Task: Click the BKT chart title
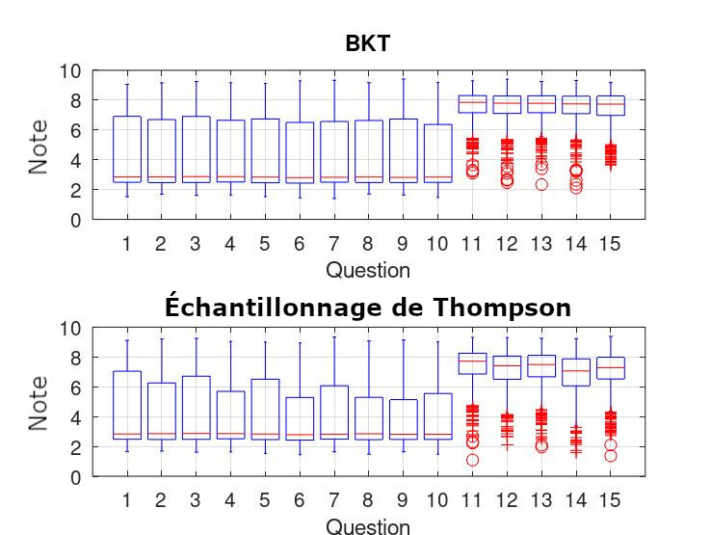[367, 43]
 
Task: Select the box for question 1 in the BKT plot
[127, 149]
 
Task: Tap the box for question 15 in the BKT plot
[611, 105]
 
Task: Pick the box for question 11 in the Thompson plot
[472, 363]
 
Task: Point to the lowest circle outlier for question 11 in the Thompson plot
[472, 460]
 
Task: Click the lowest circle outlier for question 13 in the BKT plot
[541, 184]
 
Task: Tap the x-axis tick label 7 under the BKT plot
[333, 244]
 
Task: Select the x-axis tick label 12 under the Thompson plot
[507, 501]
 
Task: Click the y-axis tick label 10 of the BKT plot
[70, 71]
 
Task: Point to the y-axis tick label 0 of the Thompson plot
[76, 477]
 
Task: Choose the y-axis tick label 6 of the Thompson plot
[76, 388]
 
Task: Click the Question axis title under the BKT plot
[367, 270]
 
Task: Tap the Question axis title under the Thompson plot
[367, 526]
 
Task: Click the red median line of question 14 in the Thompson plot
[576, 370]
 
